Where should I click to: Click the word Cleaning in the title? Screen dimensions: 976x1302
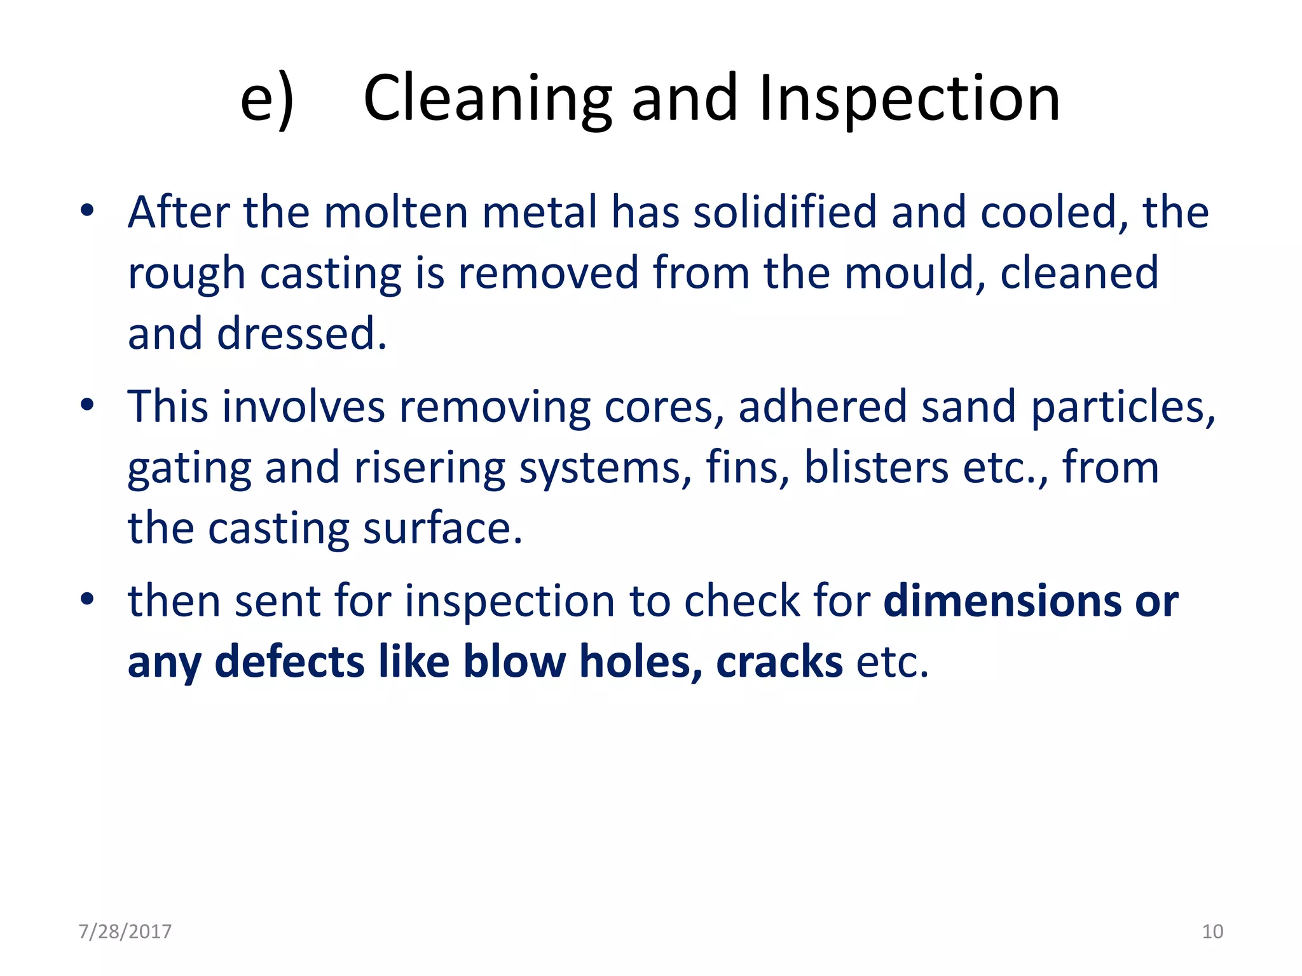click(487, 99)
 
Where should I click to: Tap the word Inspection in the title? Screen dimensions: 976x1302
click(910, 99)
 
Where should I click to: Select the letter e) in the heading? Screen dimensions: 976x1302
click(267, 99)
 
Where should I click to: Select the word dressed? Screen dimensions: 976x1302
click(301, 334)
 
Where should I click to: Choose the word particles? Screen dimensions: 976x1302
click(1123, 407)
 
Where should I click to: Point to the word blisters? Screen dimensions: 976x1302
click(877, 468)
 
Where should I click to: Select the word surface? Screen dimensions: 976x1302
click(442, 529)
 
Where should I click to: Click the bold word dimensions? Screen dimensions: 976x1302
click(1003, 601)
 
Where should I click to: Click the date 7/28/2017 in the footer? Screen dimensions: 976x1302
click(125, 932)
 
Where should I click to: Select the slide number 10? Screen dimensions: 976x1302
click(1212, 932)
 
